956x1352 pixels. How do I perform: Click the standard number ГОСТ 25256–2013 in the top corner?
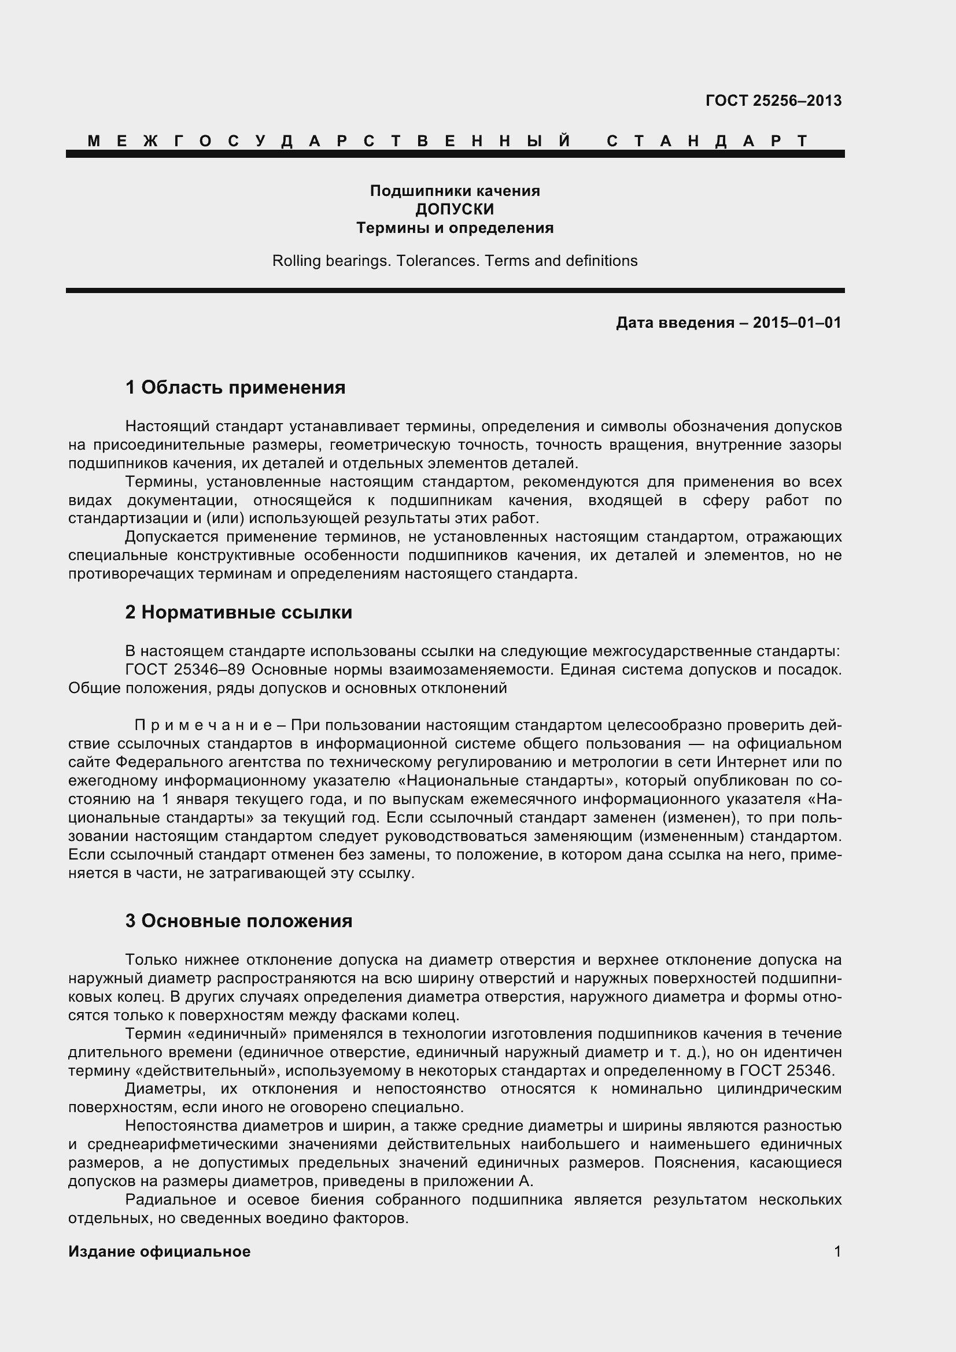773,101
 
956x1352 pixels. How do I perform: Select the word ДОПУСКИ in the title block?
455,209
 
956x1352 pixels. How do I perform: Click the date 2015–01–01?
797,323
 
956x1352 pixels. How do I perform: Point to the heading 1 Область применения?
235,387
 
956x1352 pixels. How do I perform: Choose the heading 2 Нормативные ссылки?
238,612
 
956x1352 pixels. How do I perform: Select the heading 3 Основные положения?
238,921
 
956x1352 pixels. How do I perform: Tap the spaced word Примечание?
202,725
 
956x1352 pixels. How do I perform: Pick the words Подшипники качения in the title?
455,191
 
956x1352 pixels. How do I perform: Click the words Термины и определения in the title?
455,228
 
